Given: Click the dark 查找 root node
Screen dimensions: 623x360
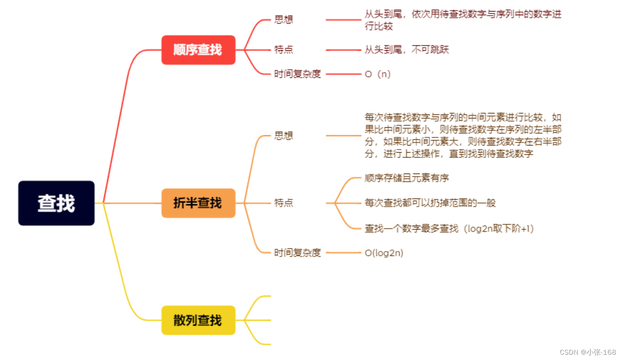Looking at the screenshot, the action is pyautogui.click(x=56, y=203).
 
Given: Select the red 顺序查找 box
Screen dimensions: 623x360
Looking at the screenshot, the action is pyautogui.click(x=198, y=50).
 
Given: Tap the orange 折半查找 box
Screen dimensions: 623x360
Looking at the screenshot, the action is pyautogui.click(x=198, y=203).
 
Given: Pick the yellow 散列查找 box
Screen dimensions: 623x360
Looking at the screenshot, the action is pyautogui.click(x=198, y=320).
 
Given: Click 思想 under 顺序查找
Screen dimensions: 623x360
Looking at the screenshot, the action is pyautogui.click(x=284, y=20).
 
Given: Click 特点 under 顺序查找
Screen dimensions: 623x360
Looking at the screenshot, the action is pyautogui.click(x=284, y=50).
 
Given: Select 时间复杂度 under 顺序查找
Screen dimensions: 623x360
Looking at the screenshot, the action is pyautogui.click(x=298, y=74).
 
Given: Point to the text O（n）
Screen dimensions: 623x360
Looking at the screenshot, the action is pyautogui.click(x=378, y=74).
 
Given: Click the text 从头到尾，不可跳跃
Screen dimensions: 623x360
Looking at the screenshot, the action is pyautogui.click(x=407, y=50).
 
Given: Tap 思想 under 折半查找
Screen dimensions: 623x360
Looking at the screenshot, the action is pyautogui.click(x=284, y=135).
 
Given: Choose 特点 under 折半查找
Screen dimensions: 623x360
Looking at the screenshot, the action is pyautogui.click(x=284, y=203).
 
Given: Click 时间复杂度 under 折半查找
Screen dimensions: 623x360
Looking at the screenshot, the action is pyautogui.click(x=298, y=253).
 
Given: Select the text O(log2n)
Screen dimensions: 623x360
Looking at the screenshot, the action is pyautogui.click(x=384, y=253).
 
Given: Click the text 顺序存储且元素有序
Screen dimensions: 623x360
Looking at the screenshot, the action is pyautogui.click(x=407, y=178).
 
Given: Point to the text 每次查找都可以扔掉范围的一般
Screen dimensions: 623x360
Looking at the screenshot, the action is pyautogui.click(x=430, y=203).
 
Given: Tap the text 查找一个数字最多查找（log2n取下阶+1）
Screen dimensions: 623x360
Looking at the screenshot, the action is pyautogui.click(x=449, y=229).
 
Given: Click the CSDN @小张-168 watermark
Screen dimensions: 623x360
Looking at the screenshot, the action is pyautogui.click(x=587, y=352).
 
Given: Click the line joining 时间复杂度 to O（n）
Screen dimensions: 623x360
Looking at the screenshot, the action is pyautogui.click(x=343, y=74).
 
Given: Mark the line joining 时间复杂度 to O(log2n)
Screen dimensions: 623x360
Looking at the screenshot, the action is pyautogui.click(x=343, y=253).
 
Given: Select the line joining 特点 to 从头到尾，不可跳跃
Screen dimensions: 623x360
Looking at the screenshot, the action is pyautogui.click(x=343, y=50).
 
